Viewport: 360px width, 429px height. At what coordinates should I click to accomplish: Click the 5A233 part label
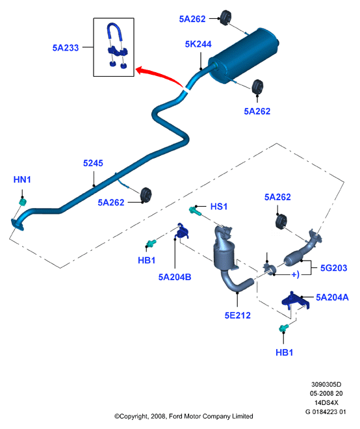point(66,47)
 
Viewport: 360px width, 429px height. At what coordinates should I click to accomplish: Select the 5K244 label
point(198,44)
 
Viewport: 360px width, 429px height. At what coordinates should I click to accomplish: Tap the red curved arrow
point(159,75)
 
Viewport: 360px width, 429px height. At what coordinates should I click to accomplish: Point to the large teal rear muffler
point(244,55)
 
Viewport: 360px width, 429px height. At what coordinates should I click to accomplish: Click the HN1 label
point(22,180)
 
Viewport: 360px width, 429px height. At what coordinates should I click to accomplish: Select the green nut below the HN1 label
point(23,202)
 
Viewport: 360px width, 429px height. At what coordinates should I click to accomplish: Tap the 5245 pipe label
point(93,163)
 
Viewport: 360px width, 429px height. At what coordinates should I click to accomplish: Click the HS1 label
point(219,207)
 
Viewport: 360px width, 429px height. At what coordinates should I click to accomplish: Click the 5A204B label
point(175,277)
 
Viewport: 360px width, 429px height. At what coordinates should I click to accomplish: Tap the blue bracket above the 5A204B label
point(181,231)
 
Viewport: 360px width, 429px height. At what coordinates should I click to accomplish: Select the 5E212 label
point(237,315)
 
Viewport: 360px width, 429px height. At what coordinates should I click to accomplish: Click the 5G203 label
point(333,268)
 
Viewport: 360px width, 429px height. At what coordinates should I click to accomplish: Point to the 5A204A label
point(332,298)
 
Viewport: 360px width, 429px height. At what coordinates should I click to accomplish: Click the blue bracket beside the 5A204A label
point(296,301)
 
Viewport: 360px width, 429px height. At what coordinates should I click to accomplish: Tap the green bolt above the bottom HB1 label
point(284,328)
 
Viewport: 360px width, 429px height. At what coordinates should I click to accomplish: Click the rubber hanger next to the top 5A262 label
point(226,18)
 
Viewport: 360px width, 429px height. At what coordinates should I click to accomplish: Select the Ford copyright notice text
point(183,417)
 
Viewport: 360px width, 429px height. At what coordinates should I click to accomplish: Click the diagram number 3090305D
point(326,385)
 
